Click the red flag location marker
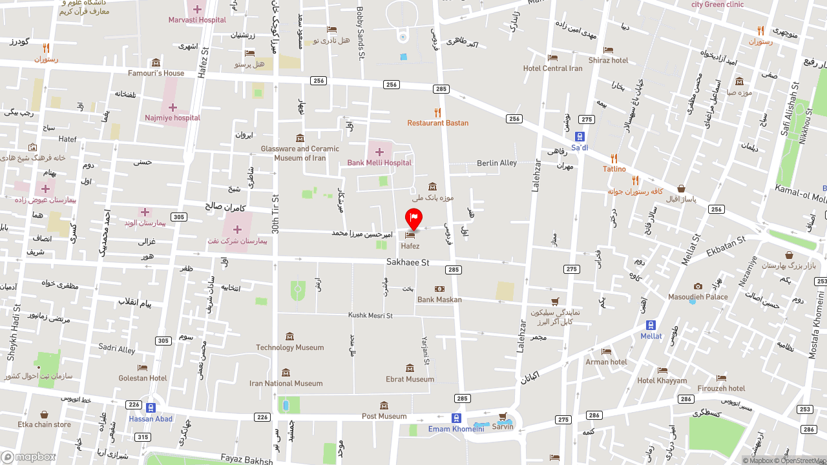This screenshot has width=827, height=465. point(413,218)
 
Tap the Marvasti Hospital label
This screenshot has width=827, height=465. point(197,19)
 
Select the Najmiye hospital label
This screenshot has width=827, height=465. point(173,118)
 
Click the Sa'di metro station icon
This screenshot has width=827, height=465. point(580,136)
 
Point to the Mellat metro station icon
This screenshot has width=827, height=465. point(651,325)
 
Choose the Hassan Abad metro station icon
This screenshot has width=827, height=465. point(151,408)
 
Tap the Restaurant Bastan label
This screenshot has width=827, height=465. point(437,123)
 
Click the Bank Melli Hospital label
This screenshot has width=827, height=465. point(379,163)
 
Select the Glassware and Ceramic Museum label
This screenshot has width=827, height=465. point(300,153)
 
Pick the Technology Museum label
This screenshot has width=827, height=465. point(289,347)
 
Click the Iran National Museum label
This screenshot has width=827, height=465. point(286,383)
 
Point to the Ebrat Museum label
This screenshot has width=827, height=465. point(410,379)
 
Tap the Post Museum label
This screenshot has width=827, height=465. point(384,416)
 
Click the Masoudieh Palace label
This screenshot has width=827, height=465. point(698,297)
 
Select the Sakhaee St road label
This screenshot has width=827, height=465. point(408,263)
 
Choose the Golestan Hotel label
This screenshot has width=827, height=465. point(142,378)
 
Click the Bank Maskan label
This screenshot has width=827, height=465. point(439,300)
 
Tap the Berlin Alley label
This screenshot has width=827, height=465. point(497,163)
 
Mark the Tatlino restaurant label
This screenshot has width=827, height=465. point(614,169)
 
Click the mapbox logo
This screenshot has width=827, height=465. point(28,457)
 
